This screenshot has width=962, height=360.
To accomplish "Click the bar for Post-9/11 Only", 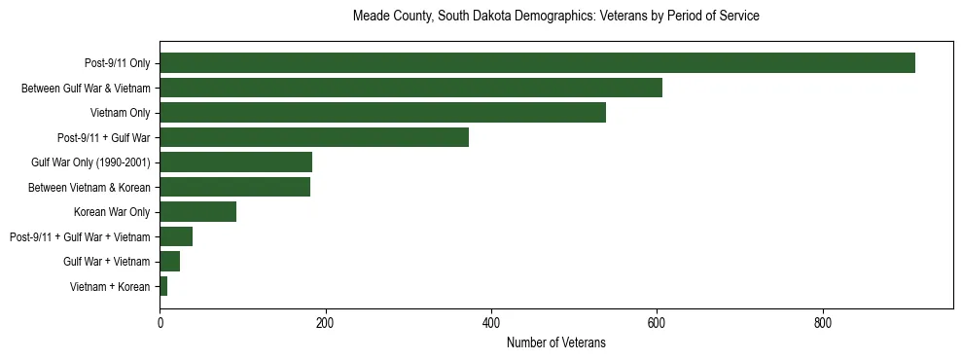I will pyautogui.click(x=537, y=63).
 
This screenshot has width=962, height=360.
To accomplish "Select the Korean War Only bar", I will pyautogui.click(x=197, y=212).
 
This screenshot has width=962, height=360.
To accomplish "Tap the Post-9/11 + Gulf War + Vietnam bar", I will pyautogui.click(x=176, y=236).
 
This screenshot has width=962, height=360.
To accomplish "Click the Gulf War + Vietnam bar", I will pyautogui.click(x=169, y=261).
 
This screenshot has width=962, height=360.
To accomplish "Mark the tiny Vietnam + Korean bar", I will pyautogui.click(x=163, y=286).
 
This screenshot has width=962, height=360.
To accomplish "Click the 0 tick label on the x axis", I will pyautogui.click(x=160, y=322).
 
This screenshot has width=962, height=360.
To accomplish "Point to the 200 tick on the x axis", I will pyautogui.click(x=325, y=322).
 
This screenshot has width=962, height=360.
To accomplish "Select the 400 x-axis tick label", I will pyautogui.click(x=491, y=322).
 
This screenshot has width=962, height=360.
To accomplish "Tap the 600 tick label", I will pyautogui.click(x=657, y=322).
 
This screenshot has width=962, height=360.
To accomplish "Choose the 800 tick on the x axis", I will pyautogui.click(x=823, y=322).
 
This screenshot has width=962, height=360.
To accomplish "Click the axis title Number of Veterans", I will pyautogui.click(x=555, y=342).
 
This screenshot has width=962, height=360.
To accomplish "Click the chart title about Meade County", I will pyautogui.click(x=555, y=17).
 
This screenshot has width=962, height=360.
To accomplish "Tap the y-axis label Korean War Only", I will pyautogui.click(x=112, y=212).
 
